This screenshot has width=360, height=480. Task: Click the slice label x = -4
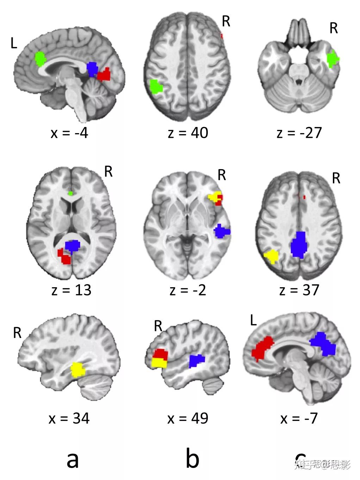point(69,133)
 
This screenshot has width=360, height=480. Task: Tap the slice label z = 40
point(188,133)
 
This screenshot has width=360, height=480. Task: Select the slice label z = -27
point(299,133)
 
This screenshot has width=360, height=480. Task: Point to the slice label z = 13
point(72,290)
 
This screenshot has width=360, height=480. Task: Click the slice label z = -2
point(188,290)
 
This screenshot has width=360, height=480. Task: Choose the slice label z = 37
point(299,290)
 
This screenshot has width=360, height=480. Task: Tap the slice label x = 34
point(69,418)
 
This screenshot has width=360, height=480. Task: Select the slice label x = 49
point(188,418)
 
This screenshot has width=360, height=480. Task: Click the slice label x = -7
point(299,418)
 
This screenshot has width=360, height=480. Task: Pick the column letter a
point(73,460)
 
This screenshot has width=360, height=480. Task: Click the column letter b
point(192,459)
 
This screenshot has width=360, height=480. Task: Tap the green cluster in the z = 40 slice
point(155,87)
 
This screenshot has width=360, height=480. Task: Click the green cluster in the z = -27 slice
point(332,59)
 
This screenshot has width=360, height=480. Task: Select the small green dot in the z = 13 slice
point(71,193)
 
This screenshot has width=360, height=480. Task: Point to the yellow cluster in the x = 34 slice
point(78,370)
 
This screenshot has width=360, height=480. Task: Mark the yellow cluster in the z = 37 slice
point(272,257)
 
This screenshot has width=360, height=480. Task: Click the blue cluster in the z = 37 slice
point(299,245)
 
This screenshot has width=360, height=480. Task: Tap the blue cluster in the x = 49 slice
point(196,361)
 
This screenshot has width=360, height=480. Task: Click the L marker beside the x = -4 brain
point(14,43)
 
